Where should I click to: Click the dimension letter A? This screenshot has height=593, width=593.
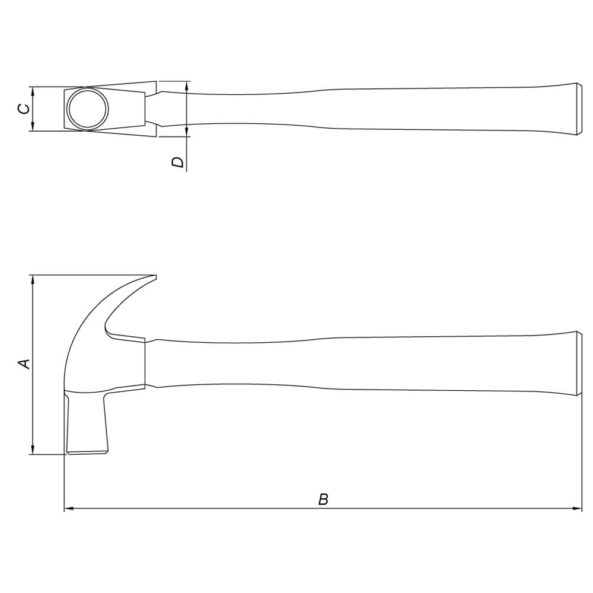tap(24, 364)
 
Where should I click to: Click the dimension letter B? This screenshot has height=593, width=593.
tap(323, 499)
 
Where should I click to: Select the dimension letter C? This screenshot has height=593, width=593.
tap(24, 109)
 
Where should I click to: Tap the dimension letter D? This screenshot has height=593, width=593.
tap(177, 162)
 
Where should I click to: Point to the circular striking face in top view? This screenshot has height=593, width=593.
tap(88, 109)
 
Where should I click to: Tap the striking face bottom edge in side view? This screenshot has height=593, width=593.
tap(87, 452)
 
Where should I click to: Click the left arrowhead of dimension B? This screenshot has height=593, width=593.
tap(68, 509)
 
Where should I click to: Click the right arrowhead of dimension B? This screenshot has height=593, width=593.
tap(578, 509)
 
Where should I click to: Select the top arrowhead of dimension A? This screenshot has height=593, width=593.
tap(33, 279)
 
